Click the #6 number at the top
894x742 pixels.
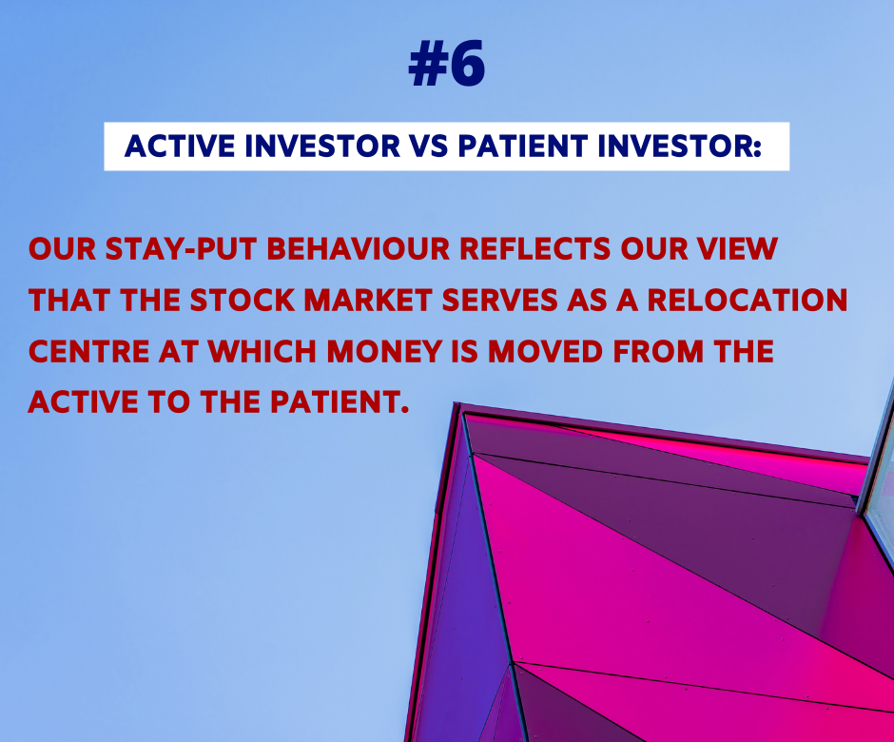(446, 64)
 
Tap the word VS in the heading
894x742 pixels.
(429, 146)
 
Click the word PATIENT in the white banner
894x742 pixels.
(523, 146)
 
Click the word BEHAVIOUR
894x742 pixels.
(359, 249)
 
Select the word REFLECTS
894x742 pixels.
(534, 249)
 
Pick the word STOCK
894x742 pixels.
(243, 301)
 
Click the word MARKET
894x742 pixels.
(368, 301)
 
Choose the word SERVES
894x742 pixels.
(499, 301)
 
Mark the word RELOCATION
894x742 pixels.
(748, 301)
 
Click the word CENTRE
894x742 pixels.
(89, 351)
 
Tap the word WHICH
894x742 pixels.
(262, 351)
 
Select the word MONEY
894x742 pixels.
(384, 351)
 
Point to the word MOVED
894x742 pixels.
(545, 351)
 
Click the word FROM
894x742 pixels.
(658, 351)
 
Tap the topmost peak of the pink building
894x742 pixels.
(457, 403)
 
